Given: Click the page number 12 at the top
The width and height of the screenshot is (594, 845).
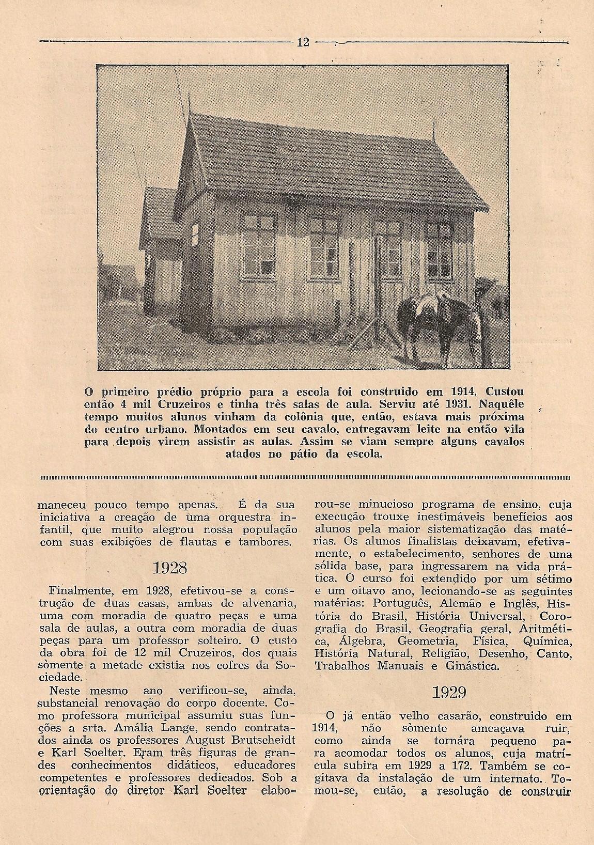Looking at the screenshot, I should pos(303,42).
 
